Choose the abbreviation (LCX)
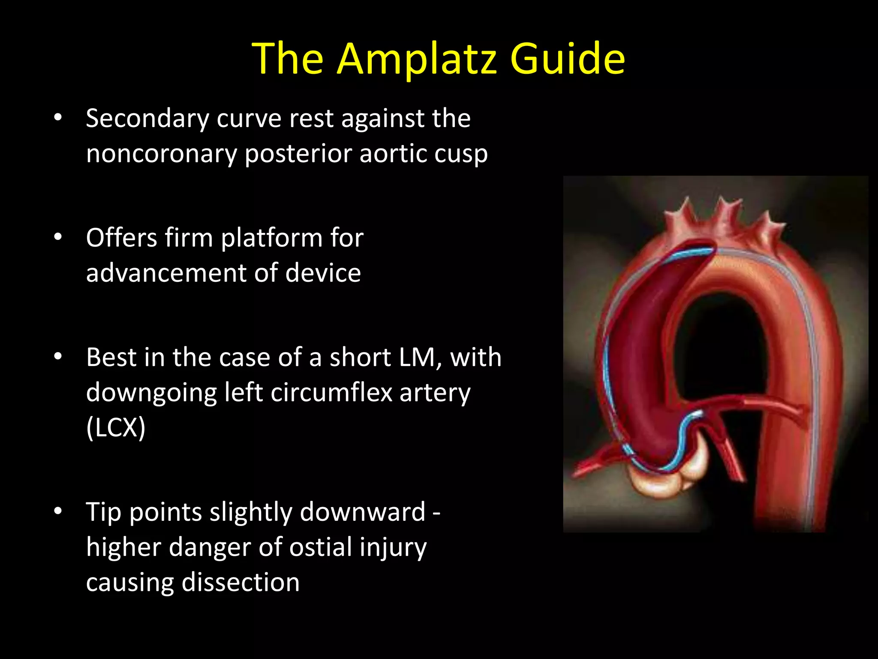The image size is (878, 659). pos(116,427)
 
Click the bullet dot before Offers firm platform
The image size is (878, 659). pos(58,237)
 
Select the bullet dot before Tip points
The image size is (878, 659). pos(58,511)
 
